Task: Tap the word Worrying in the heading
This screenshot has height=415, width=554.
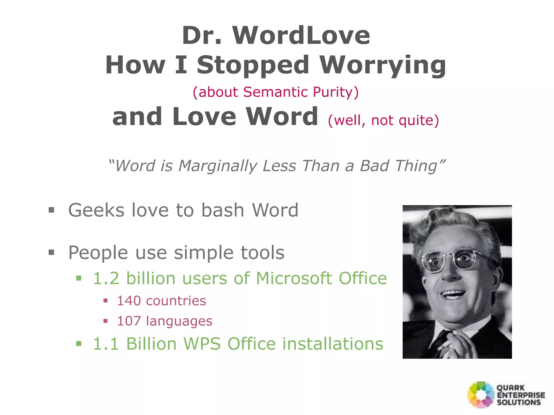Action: (x=382, y=65)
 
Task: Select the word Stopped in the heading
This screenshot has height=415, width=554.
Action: (x=253, y=65)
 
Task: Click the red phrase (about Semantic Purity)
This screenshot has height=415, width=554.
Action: (x=276, y=92)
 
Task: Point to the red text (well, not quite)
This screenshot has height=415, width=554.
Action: (x=383, y=120)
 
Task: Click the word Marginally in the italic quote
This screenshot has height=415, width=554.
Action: (x=218, y=166)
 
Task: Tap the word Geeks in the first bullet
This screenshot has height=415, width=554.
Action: (x=96, y=210)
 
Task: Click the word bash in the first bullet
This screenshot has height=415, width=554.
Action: (x=223, y=210)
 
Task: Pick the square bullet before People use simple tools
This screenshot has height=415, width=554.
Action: (x=51, y=253)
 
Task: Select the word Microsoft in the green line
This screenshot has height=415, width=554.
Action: (x=294, y=278)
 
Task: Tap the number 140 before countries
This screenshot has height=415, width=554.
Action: (x=129, y=301)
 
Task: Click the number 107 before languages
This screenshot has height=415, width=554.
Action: (x=129, y=321)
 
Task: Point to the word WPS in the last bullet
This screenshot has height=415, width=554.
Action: (x=202, y=344)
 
